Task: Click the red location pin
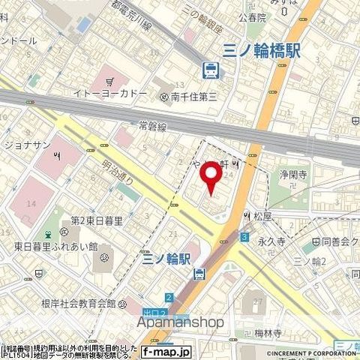coord(211,177)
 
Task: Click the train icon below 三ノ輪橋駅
coord(211,70)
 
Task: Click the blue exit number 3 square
coord(244,237)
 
